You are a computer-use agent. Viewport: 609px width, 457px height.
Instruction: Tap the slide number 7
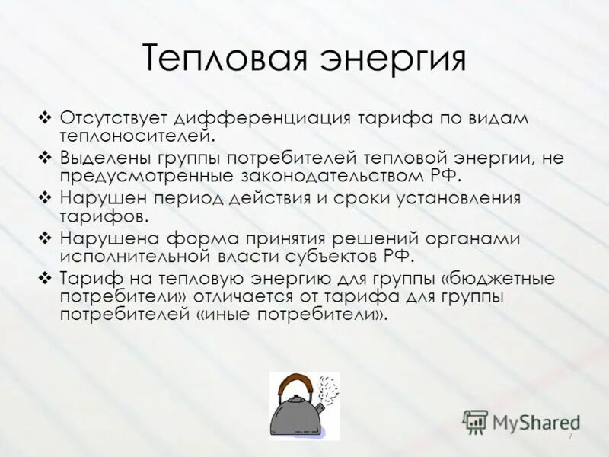pos(569,436)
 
